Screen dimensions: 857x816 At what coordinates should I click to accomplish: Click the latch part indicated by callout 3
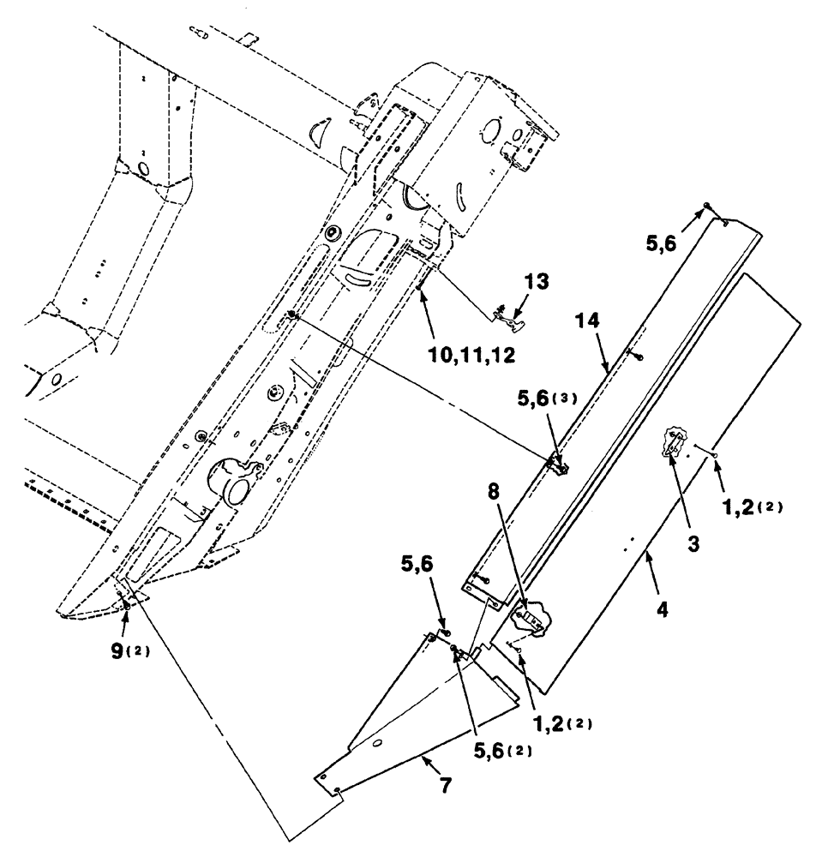675,445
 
